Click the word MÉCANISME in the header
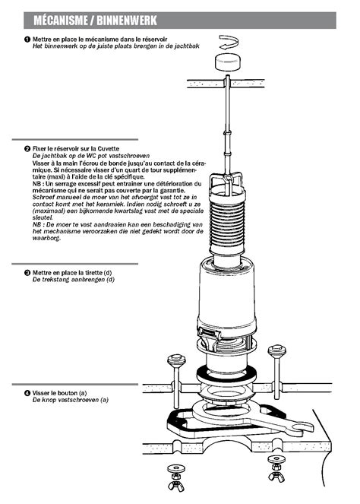coord(60,21)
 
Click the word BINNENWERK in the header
coord(127,21)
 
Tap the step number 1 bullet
coord(27,40)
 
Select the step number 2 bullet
coord(27,149)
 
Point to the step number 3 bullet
coord(27,273)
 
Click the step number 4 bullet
coord(27,393)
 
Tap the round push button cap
coord(227,62)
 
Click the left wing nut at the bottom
coord(176,484)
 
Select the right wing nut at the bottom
coord(276,476)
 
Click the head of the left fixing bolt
coord(176,360)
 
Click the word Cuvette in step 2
coord(108,149)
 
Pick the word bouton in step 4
coord(68,393)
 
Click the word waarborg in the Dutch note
coord(46,238)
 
